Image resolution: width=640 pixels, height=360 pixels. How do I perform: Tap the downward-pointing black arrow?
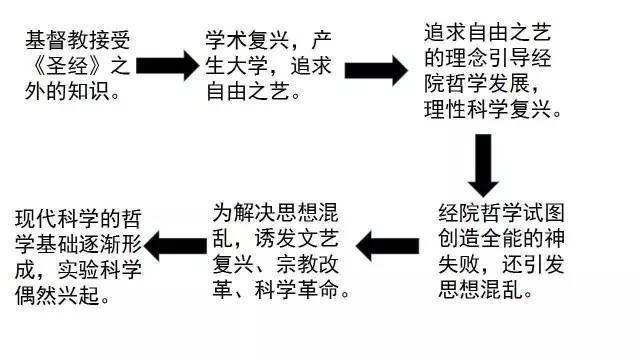click(484, 162)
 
